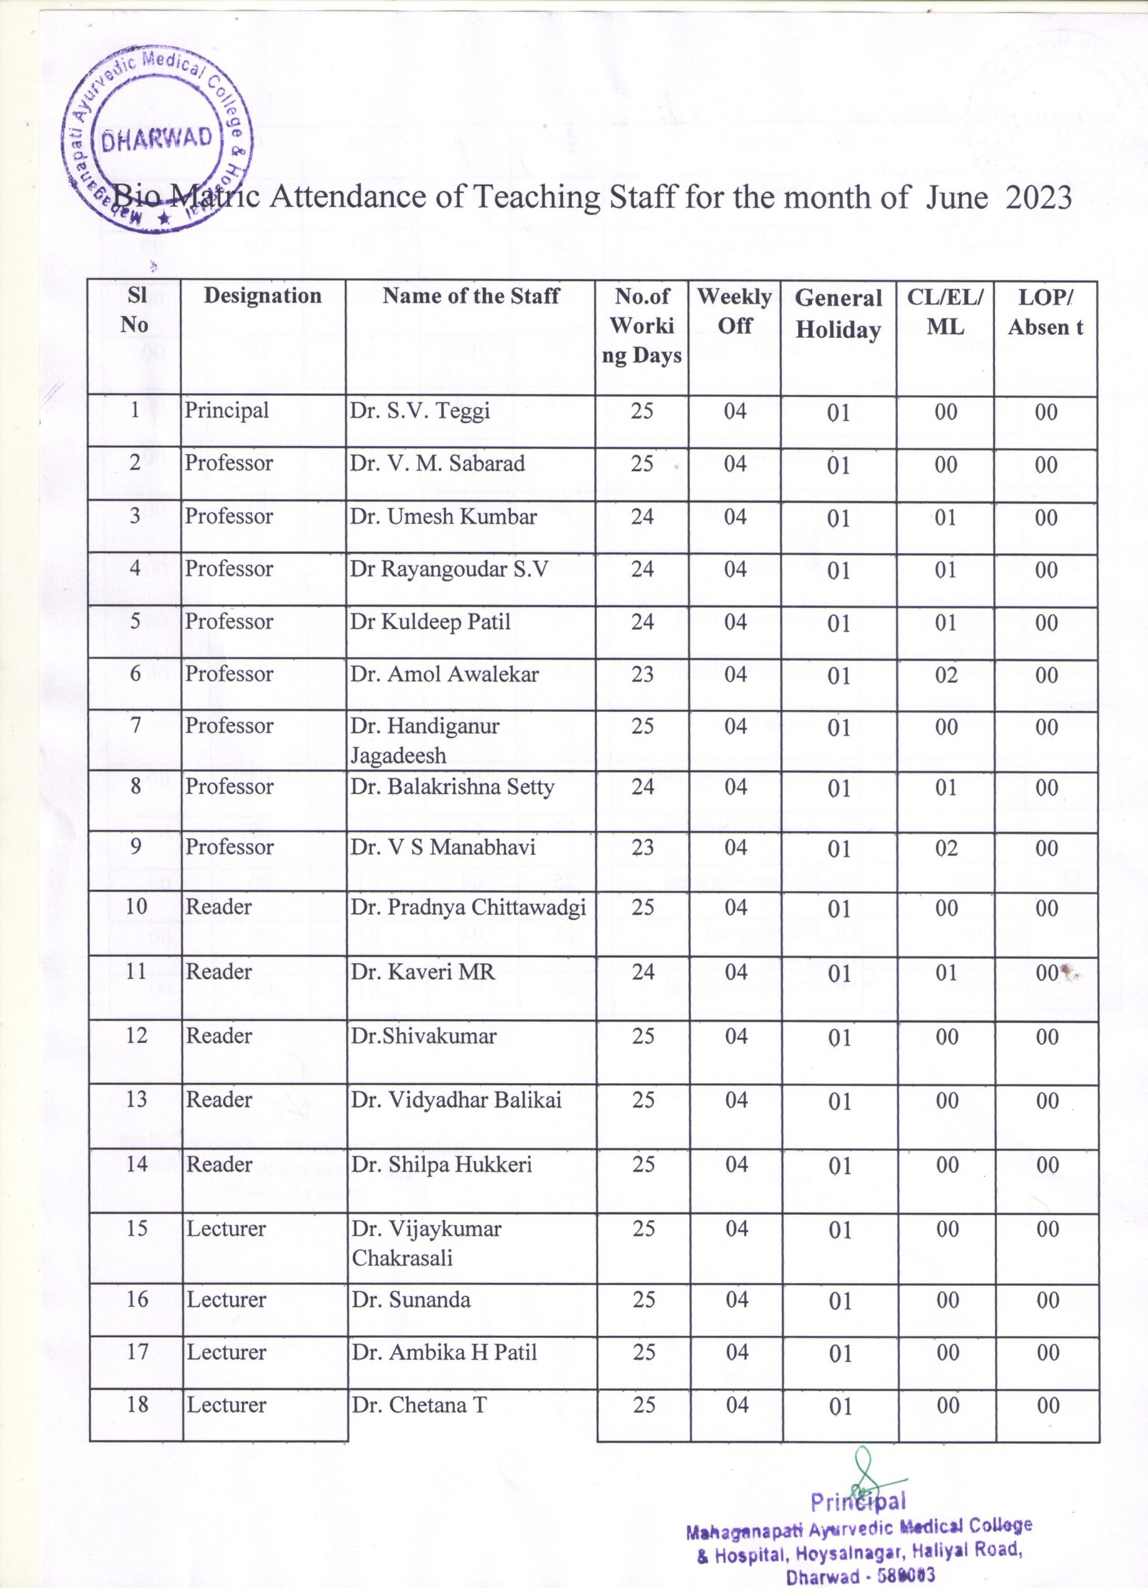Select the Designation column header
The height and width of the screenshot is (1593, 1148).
click(x=263, y=296)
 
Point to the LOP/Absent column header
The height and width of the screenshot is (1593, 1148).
click(x=1045, y=312)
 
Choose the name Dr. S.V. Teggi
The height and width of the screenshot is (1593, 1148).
click(x=420, y=411)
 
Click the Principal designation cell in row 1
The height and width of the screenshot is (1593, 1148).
click(x=226, y=410)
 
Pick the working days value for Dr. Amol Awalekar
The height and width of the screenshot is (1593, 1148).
click(x=642, y=675)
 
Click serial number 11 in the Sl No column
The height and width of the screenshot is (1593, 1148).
click(x=136, y=971)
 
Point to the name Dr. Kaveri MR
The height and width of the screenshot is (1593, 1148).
click(x=422, y=972)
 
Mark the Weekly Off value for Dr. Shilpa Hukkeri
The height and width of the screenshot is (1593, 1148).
click(x=737, y=1164)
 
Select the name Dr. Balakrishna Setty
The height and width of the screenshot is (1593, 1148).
click(x=452, y=787)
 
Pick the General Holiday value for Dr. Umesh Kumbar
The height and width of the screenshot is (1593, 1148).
click(x=838, y=518)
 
